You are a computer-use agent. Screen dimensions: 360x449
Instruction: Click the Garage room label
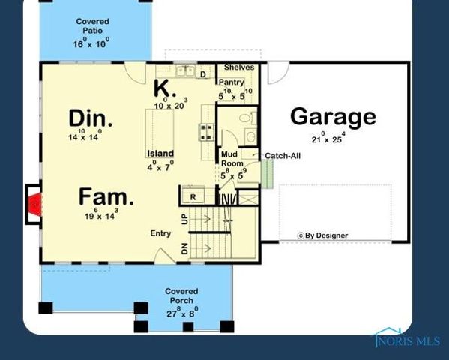click(332, 117)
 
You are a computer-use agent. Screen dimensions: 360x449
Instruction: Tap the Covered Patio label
click(92, 26)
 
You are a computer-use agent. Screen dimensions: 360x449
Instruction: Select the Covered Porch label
click(181, 295)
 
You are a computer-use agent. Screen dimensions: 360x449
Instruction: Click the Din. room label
click(91, 118)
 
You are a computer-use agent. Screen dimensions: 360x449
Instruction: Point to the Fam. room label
click(106, 198)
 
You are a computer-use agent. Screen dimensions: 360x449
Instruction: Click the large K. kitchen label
click(165, 88)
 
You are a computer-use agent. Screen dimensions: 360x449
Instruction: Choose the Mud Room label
click(232, 159)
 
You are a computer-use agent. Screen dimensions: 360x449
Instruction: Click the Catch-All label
click(283, 156)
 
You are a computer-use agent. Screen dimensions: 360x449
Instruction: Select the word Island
click(160, 154)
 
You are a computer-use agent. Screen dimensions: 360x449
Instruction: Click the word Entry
click(160, 233)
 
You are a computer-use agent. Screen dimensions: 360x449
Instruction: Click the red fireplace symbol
click(34, 204)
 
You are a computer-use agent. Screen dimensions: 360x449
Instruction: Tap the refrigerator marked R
click(193, 197)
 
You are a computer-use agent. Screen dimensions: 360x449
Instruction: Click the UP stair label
click(184, 220)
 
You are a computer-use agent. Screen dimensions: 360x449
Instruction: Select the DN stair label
click(184, 249)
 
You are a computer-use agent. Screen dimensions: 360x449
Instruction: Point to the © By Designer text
click(323, 235)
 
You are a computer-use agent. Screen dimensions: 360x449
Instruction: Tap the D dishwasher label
click(202, 73)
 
